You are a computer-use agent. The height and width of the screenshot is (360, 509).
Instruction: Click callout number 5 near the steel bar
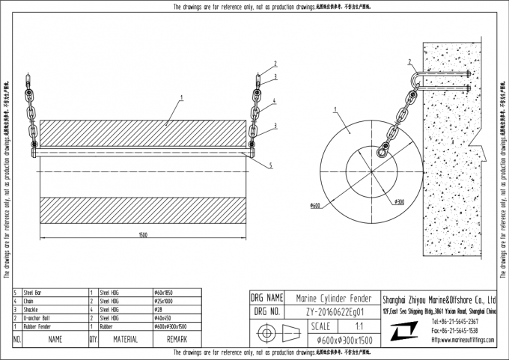pos(270,164)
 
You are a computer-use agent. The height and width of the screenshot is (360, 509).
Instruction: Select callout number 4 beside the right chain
pos(275,100)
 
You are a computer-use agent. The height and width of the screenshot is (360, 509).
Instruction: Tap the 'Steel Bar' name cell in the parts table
pos(33,291)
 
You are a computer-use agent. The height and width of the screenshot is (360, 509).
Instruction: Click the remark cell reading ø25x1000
pos(164,299)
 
